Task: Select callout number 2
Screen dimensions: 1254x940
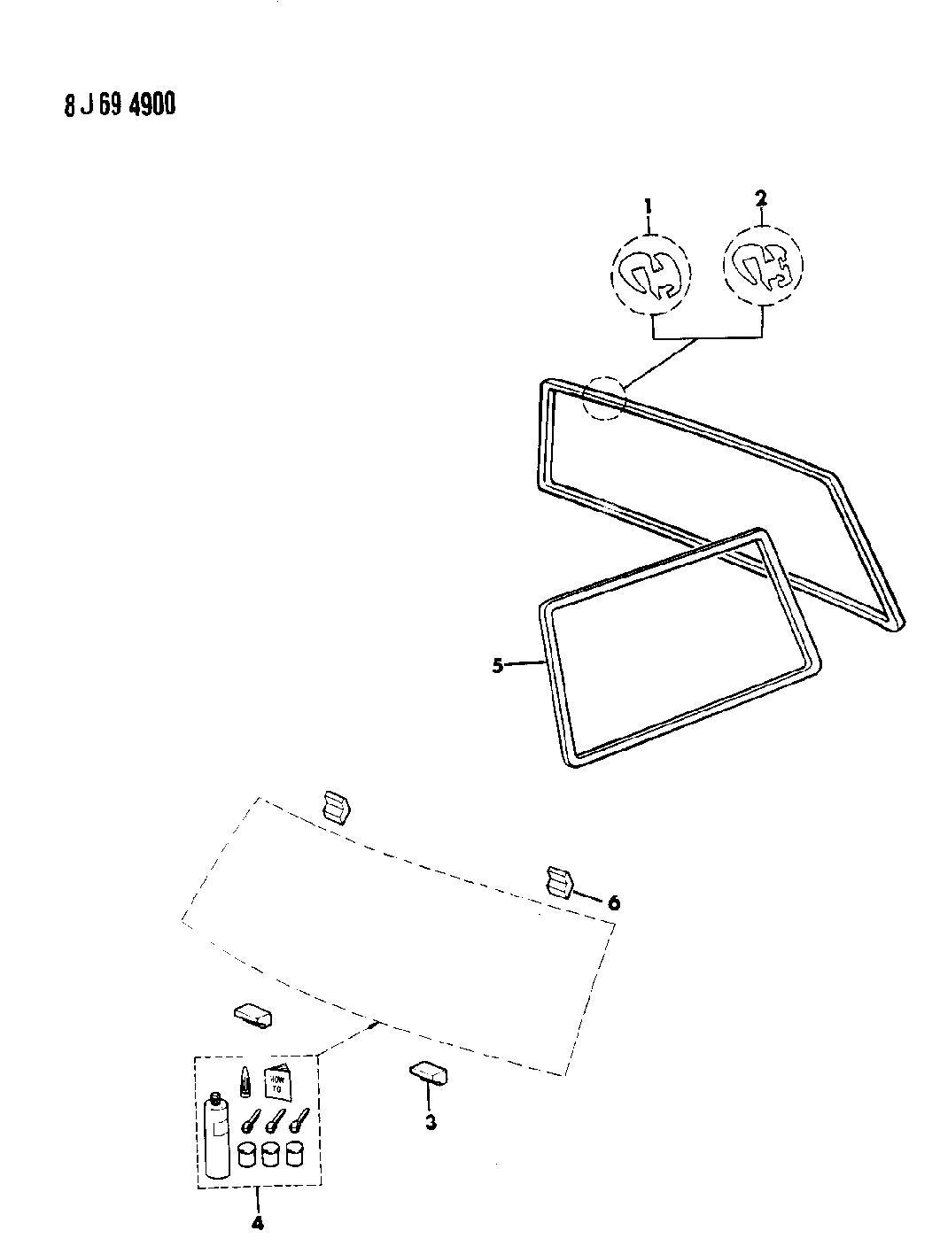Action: tap(760, 197)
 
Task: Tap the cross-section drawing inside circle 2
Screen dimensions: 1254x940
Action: tap(762, 265)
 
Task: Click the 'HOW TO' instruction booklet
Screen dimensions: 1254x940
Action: tap(280, 1078)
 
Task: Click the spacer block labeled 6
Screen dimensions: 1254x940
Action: tap(559, 882)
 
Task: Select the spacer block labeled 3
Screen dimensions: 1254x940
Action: tap(429, 1073)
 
